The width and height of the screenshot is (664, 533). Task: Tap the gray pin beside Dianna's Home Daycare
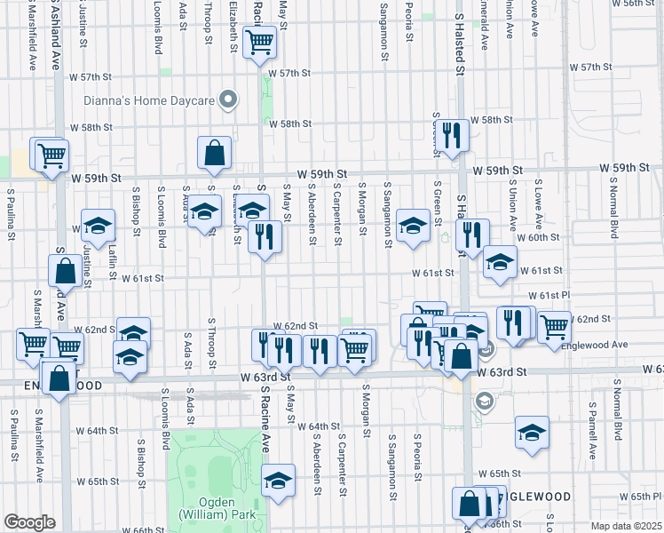pyautogui.click(x=228, y=100)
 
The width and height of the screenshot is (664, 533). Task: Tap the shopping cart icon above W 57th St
pyautogui.click(x=260, y=41)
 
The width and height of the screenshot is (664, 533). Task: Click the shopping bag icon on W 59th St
pyautogui.click(x=215, y=153)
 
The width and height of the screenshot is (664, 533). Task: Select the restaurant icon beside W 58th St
pyautogui.click(x=454, y=135)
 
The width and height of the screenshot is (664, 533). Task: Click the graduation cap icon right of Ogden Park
pyautogui.click(x=279, y=481)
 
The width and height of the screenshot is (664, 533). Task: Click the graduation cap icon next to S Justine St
pyautogui.click(x=99, y=226)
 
